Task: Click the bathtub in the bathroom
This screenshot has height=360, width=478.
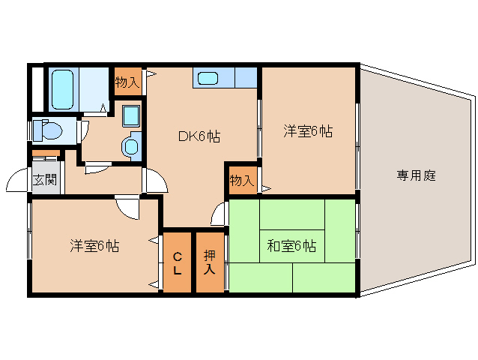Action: [x=62, y=88]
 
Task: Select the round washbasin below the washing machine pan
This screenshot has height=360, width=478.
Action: [x=132, y=145]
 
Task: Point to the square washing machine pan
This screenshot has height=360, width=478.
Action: [x=132, y=116]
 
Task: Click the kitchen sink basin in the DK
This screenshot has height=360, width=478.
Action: [x=208, y=77]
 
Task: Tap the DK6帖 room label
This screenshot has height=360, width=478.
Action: [x=199, y=136]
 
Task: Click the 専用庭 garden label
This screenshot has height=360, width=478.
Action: [x=417, y=176]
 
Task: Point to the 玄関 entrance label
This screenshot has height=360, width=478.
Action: [x=44, y=179]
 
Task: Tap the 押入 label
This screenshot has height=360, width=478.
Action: [x=211, y=262]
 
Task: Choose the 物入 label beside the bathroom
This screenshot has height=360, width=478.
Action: [x=127, y=82]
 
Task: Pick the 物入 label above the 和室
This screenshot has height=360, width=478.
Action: [x=241, y=181]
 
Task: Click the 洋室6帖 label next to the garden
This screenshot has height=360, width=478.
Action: [x=307, y=131]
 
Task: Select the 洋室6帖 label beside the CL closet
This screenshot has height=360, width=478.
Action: [x=95, y=245]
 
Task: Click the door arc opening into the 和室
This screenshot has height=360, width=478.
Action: [x=218, y=214]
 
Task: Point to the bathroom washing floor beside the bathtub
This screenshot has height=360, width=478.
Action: [x=94, y=88]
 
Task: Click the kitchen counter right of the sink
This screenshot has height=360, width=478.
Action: [x=246, y=77]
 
